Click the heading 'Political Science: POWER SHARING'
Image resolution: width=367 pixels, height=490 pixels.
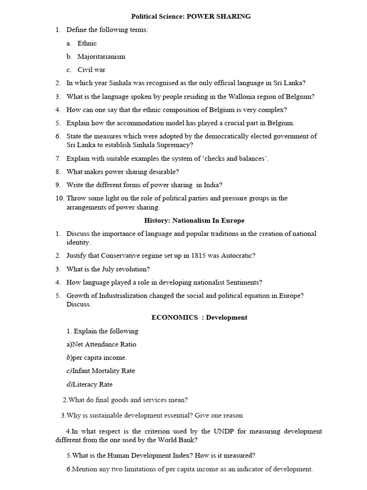[191, 16]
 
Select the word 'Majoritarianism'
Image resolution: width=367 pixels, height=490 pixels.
[101, 56]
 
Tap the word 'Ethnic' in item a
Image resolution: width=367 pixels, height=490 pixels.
[87, 43]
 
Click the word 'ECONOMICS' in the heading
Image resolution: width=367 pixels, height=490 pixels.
[174, 317]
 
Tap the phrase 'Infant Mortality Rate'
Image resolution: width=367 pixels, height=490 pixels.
[103, 371]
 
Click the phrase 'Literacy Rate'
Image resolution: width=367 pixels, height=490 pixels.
[92, 384]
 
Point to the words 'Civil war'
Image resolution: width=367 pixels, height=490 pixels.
[91, 70]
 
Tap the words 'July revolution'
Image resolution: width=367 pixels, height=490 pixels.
[124, 269]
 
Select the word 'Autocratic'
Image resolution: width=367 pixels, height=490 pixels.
[236, 256]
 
